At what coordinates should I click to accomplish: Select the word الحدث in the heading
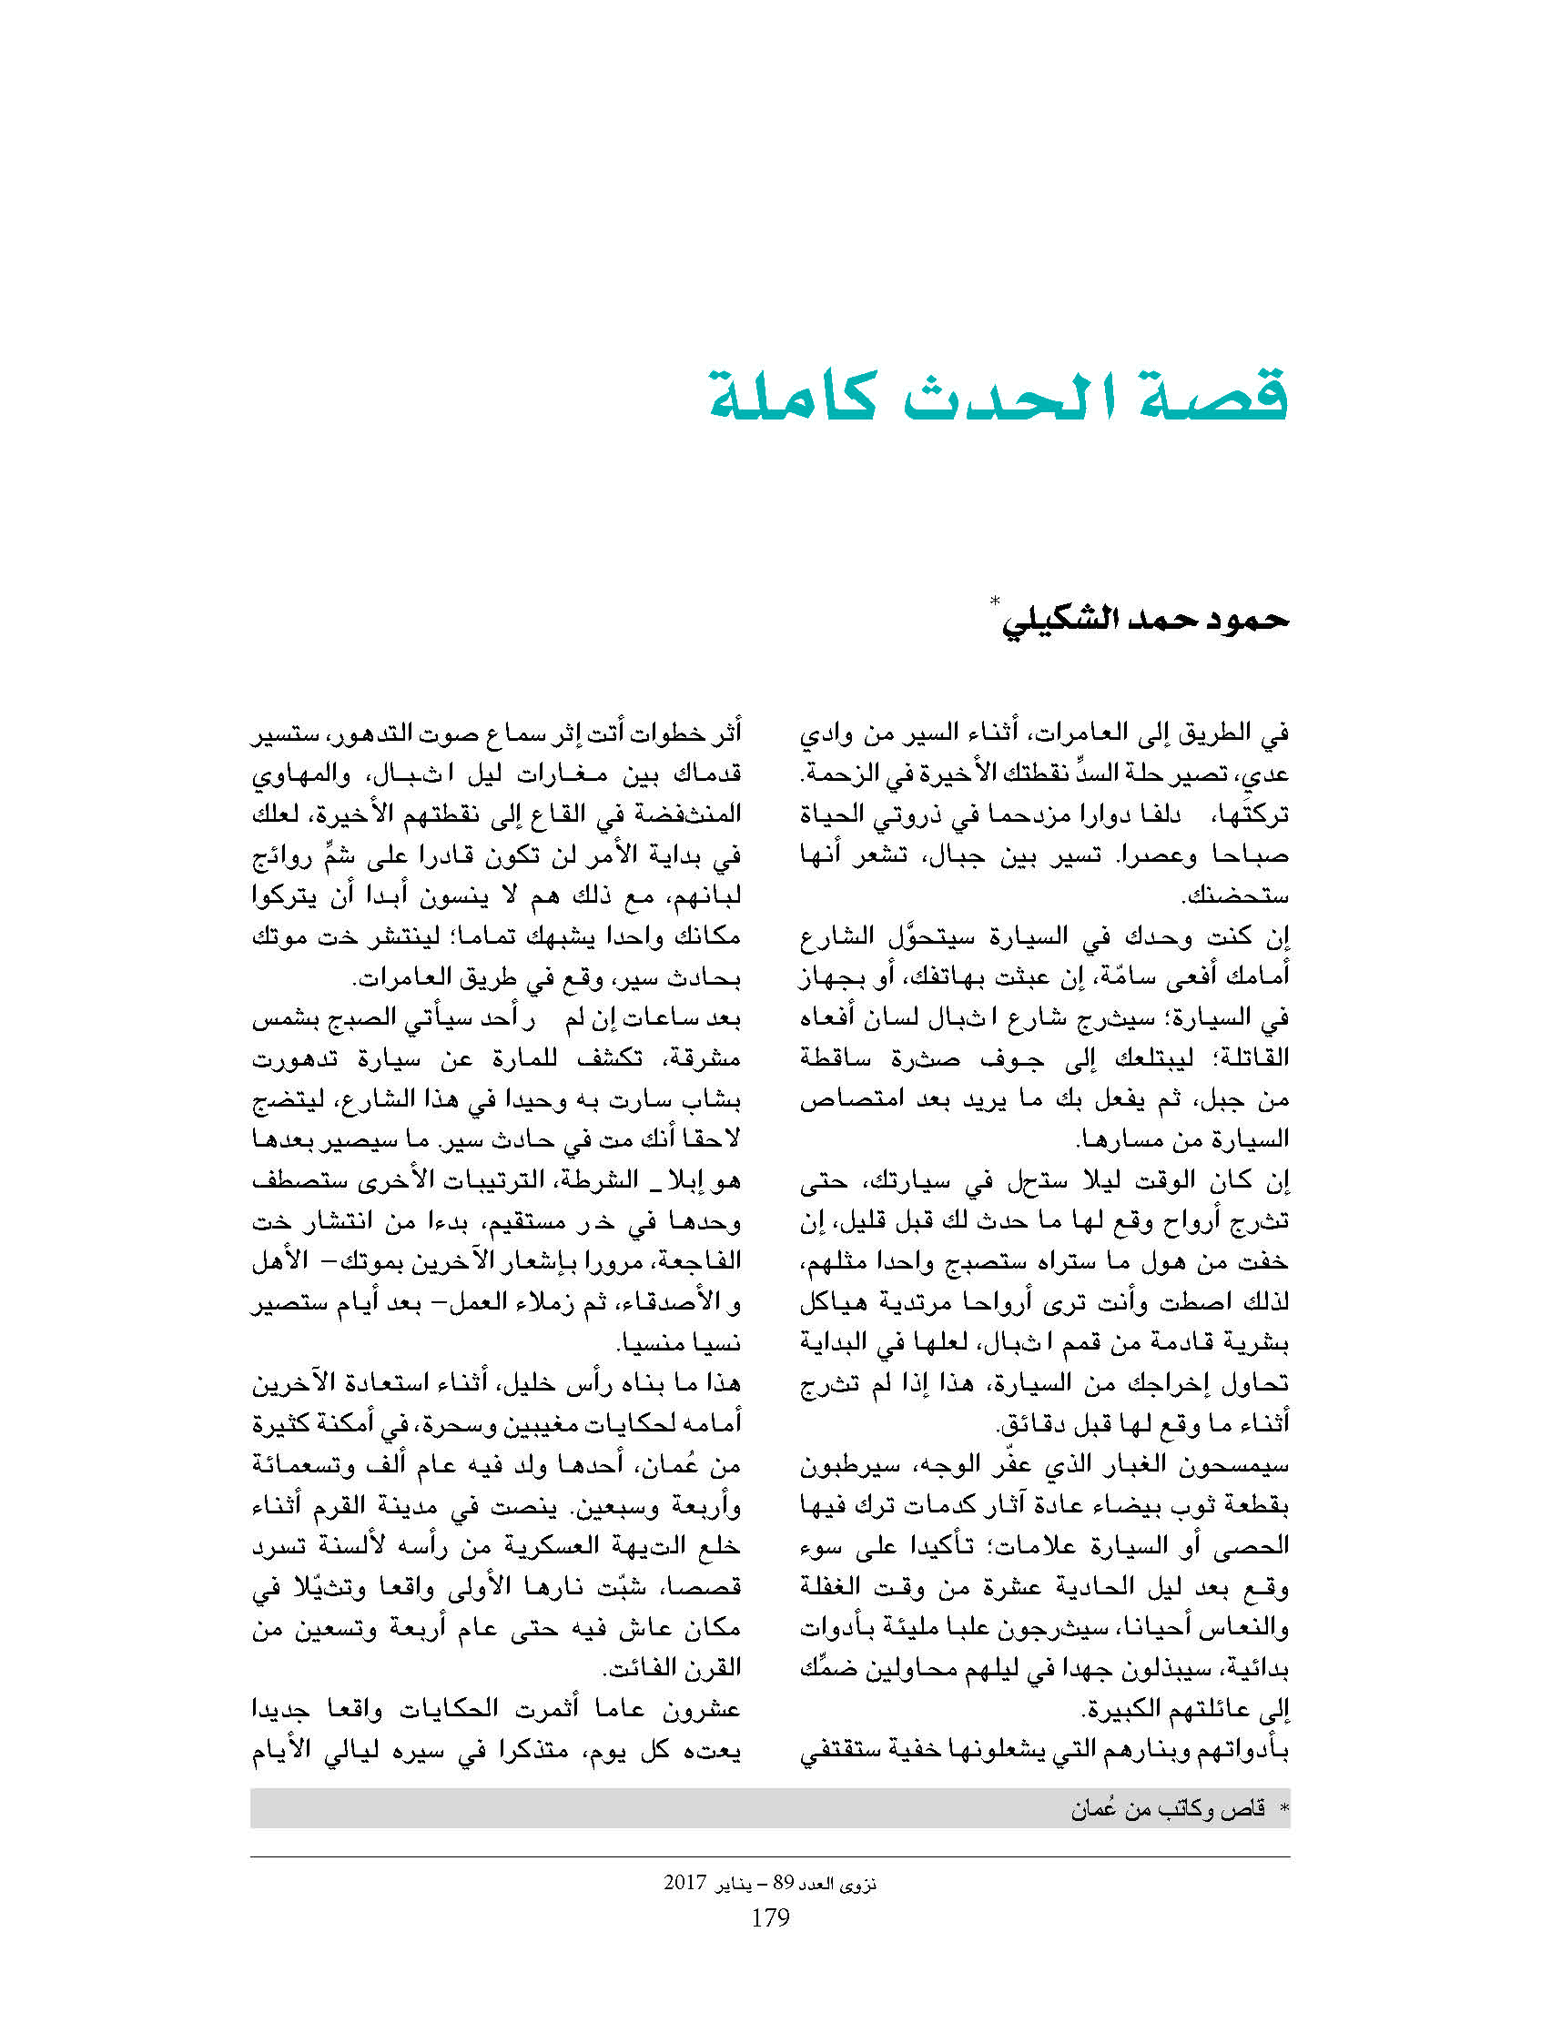click(1007, 397)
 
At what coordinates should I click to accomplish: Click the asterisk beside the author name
click(995, 602)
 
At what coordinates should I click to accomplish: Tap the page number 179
click(769, 1918)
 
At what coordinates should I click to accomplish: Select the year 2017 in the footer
click(684, 1882)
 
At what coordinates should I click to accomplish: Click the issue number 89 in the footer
click(783, 1882)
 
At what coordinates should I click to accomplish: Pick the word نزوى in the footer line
click(858, 1883)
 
